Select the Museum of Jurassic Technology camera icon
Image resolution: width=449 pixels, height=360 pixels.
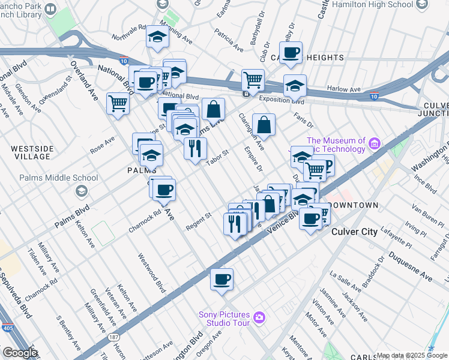(x=375, y=143)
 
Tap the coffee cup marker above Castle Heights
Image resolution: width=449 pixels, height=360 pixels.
(x=291, y=52)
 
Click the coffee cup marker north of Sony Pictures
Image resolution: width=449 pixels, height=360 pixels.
(x=221, y=278)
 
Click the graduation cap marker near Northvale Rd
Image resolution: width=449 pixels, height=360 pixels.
(x=157, y=37)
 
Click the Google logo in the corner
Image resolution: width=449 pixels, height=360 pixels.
(x=20, y=353)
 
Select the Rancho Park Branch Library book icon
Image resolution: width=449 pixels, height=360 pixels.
(x=50, y=10)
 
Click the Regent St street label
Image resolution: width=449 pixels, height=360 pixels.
(x=199, y=220)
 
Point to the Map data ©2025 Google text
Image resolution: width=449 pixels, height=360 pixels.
(x=412, y=355)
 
